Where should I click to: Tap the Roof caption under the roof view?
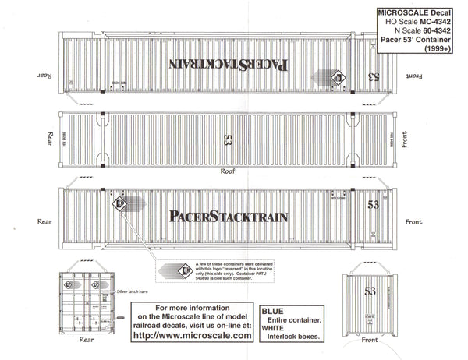point(227,171)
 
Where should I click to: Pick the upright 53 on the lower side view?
point(373,204)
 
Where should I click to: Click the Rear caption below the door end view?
point(87,340)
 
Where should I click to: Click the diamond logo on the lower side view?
point(120,206)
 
